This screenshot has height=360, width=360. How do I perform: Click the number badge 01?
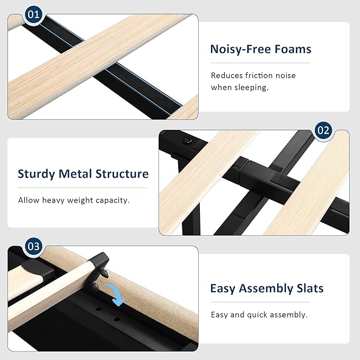[x=33, y=15]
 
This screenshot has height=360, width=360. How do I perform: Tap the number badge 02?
[x=323, y=130]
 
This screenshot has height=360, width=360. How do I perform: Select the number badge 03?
[x=33, y=247]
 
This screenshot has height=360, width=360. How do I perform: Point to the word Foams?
[x=293, y=49]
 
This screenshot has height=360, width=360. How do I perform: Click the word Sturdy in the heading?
[x=36, y=174]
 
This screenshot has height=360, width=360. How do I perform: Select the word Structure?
[x=122, y=174]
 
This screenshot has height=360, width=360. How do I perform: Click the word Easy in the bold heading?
[x=222, y=288]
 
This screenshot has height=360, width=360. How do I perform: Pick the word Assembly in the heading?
[x=266, y=288]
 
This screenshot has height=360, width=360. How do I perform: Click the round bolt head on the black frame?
[x=188, y=141]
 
